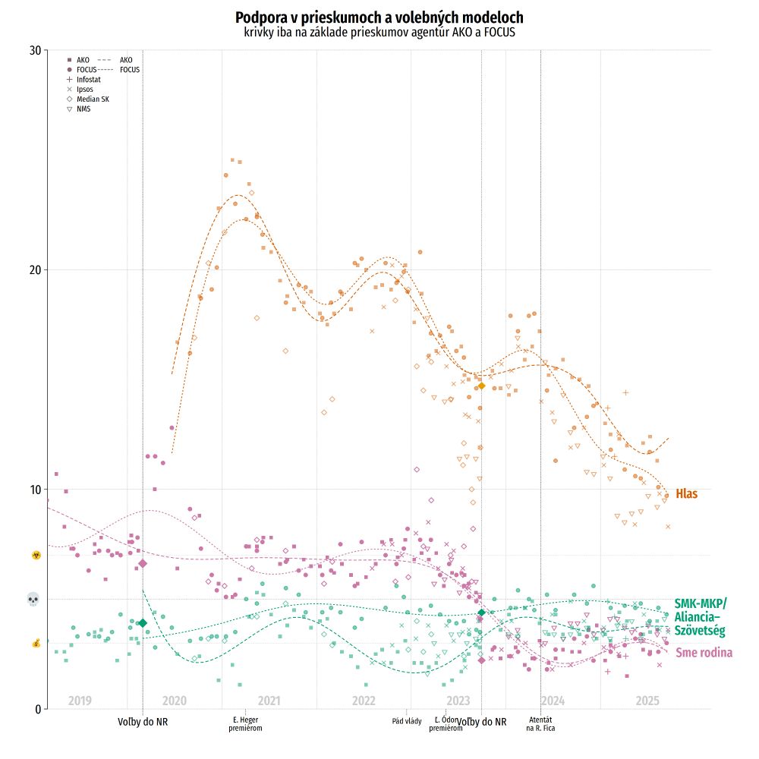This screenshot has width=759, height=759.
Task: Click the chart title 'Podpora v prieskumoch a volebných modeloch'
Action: [x=379, y=17]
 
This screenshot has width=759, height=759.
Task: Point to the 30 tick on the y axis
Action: [x=34, y=50]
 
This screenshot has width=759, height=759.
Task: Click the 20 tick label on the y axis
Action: [x=34, y=270]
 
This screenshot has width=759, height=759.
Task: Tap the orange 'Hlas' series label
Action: [x=686, y=494]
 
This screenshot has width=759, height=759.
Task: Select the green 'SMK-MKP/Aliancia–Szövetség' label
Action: [x=700, y=617]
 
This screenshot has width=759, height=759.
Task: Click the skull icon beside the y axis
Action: [x=33, y=600]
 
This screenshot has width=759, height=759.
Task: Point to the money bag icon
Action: [x=35, y=644]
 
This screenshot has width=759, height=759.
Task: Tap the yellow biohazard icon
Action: [x=35, y=556]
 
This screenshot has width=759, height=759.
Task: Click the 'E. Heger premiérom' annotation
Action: [x=245, y=723]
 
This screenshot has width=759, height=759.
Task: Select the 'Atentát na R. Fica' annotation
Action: [x=540, y=723]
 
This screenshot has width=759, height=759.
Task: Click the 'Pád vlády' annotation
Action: [x=407, y=720]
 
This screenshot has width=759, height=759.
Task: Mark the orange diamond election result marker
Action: [x=481, y=386]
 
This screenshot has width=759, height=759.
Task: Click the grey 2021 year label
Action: [x=269, y=701]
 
